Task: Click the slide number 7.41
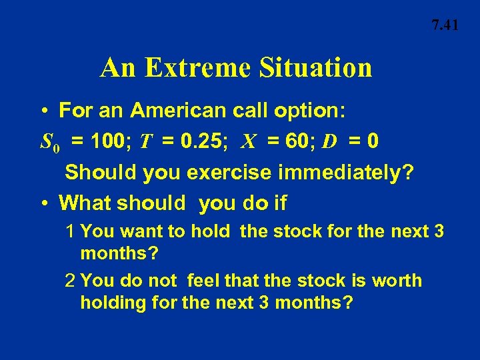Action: (445, 26)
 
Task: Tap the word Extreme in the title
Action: (195, 68)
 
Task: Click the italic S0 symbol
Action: (51, 142)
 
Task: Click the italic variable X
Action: (248, 141)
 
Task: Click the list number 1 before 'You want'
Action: (71, 232)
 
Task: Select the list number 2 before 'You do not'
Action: (71, 281)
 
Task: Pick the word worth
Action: (397, 281)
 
